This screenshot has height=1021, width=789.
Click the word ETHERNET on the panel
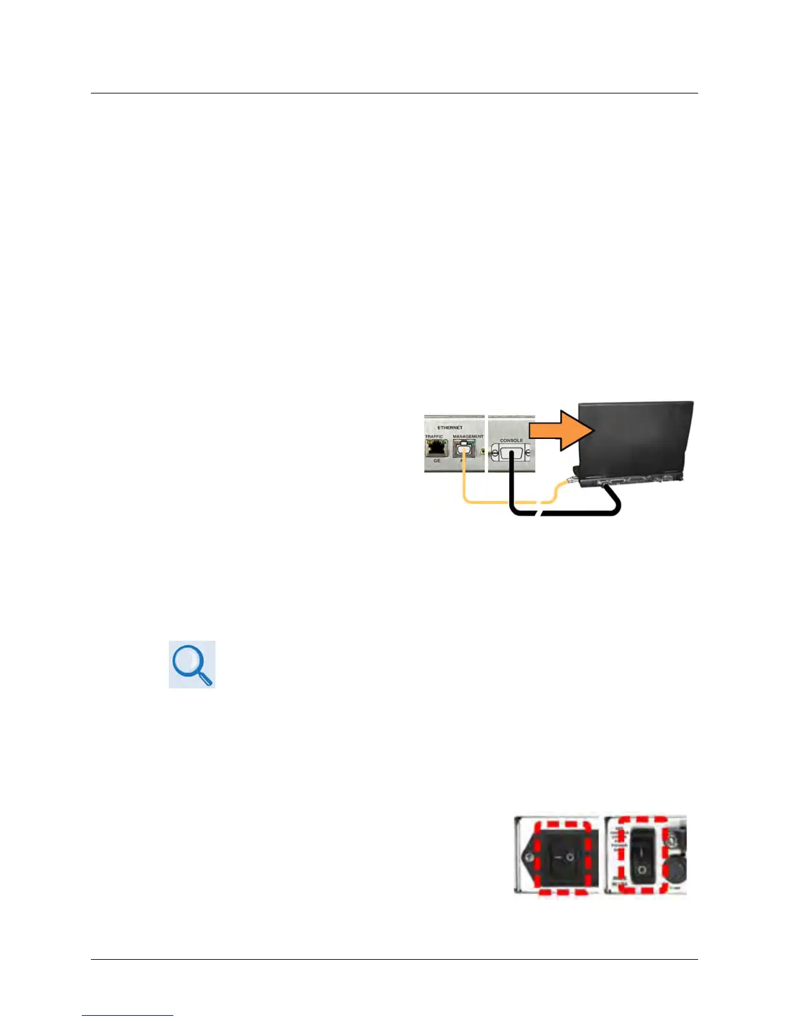tap(450, 427)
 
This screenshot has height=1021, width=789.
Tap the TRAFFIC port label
tap(434, 436)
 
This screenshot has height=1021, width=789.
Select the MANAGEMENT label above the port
tap(468, 436)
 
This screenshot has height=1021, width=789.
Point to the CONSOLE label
tap(511, 440)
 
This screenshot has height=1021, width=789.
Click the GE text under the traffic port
tap(437, 460)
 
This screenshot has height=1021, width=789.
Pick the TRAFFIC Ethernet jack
tap(436, 448)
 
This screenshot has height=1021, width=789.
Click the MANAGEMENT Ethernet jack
tap(463, 449)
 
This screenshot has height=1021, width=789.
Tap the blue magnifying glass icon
tap(192, 664)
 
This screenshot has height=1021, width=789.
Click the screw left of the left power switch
tap(529, 856)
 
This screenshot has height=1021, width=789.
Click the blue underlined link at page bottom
tap(128, 1015)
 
